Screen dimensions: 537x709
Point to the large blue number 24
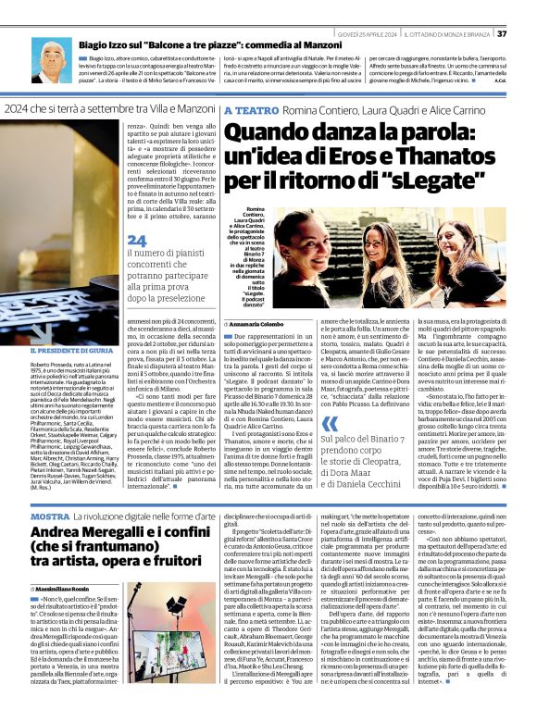[x=135, y=241]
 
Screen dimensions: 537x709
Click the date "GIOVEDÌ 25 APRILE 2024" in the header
[x=366, y=8]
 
